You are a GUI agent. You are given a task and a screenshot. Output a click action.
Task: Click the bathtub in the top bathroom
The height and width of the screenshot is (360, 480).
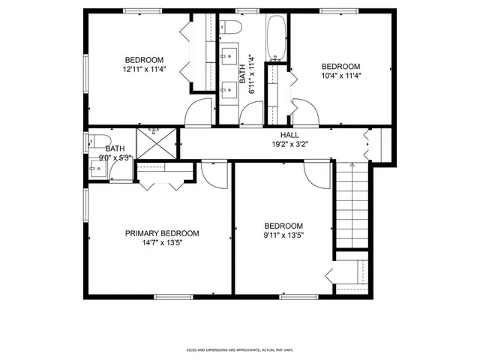[276, 37]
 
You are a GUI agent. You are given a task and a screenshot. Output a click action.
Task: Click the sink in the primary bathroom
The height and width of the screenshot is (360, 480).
[95, 169]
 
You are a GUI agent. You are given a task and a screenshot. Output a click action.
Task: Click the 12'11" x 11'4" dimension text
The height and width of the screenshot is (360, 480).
[143, 70]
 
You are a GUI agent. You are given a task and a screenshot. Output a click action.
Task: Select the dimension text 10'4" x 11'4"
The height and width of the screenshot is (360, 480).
[340, 75]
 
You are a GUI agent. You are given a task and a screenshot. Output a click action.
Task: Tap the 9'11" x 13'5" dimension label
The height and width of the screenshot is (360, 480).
[283, 235]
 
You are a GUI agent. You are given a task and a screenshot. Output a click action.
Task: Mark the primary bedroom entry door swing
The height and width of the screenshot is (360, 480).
[214, 175]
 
